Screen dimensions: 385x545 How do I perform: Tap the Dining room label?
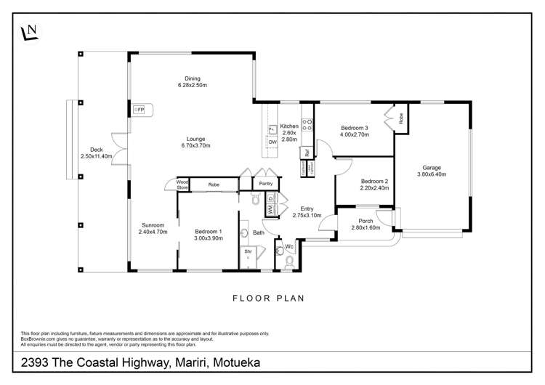(x=193, y=81)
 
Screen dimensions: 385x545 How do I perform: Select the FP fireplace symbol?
(x=139, y=110)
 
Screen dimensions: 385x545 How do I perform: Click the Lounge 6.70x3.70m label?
(x=195, y=142)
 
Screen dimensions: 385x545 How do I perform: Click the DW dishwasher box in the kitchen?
(x=272, y=142)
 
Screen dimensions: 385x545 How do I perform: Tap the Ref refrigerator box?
(x=307, y=153)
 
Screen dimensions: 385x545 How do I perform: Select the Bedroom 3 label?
(x=355, y=131)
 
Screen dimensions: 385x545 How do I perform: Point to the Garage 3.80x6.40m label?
(x=432, y=171)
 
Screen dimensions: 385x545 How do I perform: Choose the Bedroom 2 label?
(x=374, y=184)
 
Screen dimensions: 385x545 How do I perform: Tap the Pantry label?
(x=265, y=184)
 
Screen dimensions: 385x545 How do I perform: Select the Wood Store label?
(x=182, y=185)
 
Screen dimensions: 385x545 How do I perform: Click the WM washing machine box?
(x=269, y=209)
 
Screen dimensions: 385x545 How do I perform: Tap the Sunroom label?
(x=153, y=228)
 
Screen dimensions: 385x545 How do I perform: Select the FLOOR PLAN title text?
(x=268, y=298)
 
